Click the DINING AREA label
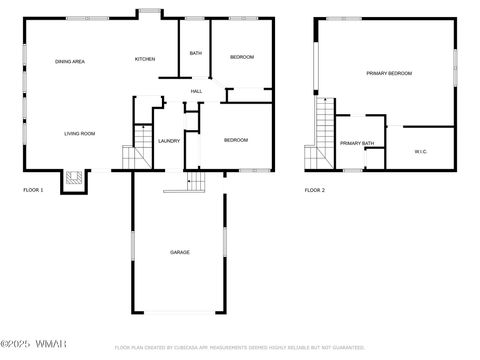point(70,62)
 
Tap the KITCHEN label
point(145,59)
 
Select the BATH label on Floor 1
point(196,53)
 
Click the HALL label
point(197,92)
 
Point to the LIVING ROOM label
point(80,133)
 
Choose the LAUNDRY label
point(169,141)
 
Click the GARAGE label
point(179,252)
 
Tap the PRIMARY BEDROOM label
point(388,73)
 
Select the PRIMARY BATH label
point(357,144)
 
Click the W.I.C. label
point(420,152)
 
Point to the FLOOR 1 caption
point(34,190)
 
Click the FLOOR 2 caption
point(315,190)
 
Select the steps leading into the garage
point(195,181)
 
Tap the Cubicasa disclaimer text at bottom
point(240,348)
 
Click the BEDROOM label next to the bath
point(243,58)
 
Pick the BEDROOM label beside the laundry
point(236,140)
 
